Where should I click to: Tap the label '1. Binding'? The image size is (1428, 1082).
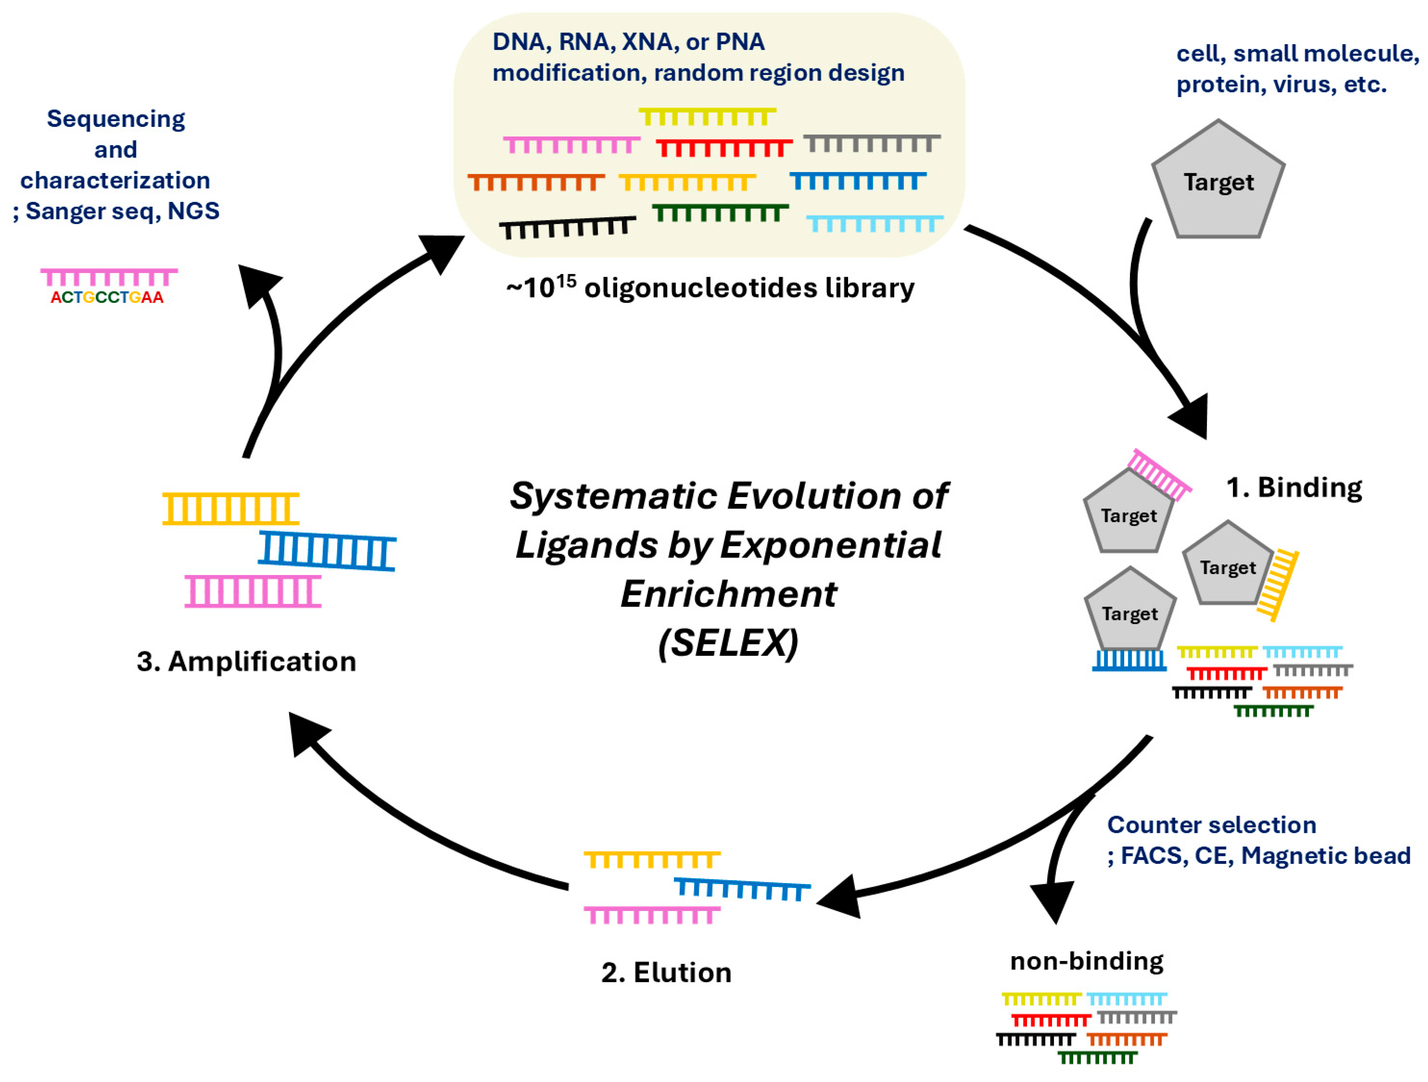click(x=1294, y=487)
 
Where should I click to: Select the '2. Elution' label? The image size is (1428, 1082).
click(x=666, y=972)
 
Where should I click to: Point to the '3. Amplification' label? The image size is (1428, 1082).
click(x=247, y=661)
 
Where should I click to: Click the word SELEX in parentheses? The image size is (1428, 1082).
click(x=728, y=643)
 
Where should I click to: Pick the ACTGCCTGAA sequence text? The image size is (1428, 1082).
click(x=107, y=297)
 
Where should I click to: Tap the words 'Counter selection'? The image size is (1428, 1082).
click(x=1212, y=824)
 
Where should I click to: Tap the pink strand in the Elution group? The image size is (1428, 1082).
click(x=652, y=915)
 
